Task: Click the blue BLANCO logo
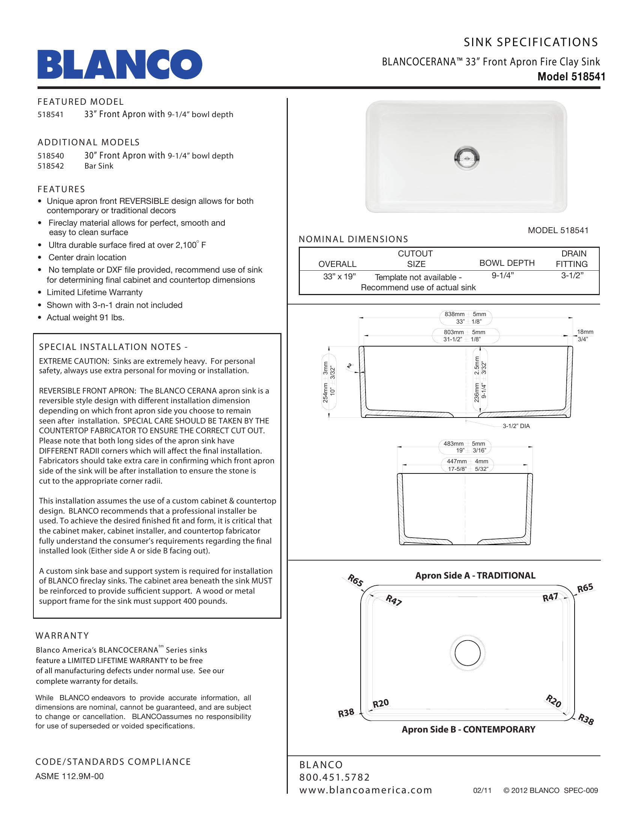[119, 64]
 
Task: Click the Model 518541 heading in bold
[571, 77]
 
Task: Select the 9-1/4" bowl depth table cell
[503, 276]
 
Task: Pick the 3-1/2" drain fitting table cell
[572, 276]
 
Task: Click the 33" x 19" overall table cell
[339, 276]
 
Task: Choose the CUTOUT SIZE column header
[415, 259]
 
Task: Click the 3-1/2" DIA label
[516, 426]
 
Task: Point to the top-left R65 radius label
[355, 580]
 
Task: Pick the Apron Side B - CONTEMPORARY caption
[468, 730]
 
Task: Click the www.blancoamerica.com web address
[366, 790]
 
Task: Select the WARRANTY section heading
[62, 636]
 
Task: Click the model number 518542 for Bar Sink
[51, 166]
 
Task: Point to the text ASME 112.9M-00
[69, 776]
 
